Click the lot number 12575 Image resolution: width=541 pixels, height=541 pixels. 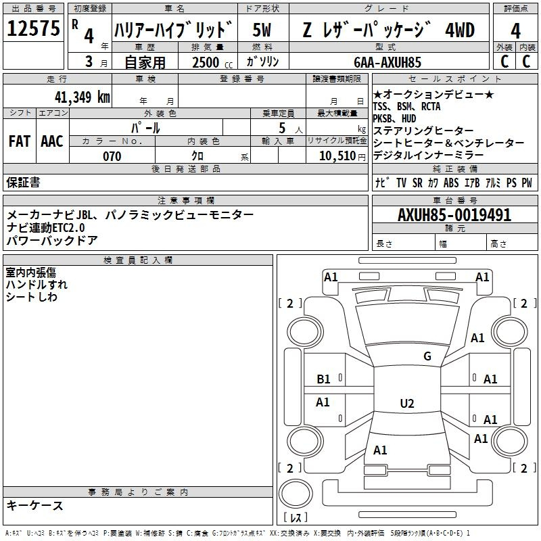33,28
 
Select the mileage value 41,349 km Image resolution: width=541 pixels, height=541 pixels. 83,97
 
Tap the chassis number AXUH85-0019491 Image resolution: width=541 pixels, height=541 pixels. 454,215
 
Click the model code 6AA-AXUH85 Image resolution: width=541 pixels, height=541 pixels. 387,62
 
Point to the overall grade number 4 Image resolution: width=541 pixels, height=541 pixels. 515,30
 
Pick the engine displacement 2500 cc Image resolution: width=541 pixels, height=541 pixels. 212,62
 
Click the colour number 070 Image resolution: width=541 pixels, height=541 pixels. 112,156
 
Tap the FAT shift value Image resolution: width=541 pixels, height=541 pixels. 20,141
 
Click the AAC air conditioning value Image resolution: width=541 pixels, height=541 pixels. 52,141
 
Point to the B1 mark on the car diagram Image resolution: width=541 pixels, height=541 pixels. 323,379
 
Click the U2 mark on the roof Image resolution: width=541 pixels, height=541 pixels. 407,403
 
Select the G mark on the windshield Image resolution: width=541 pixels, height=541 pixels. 427,356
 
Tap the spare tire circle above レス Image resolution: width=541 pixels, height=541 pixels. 296,494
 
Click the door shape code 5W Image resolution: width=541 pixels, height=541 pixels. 262,30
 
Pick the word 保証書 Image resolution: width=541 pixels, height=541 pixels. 23,183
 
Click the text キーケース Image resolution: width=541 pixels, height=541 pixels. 35,506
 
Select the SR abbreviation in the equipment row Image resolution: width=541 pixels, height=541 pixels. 417,183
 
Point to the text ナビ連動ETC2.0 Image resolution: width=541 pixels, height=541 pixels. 45,228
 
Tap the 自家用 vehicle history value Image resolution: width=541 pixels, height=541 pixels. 145,62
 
